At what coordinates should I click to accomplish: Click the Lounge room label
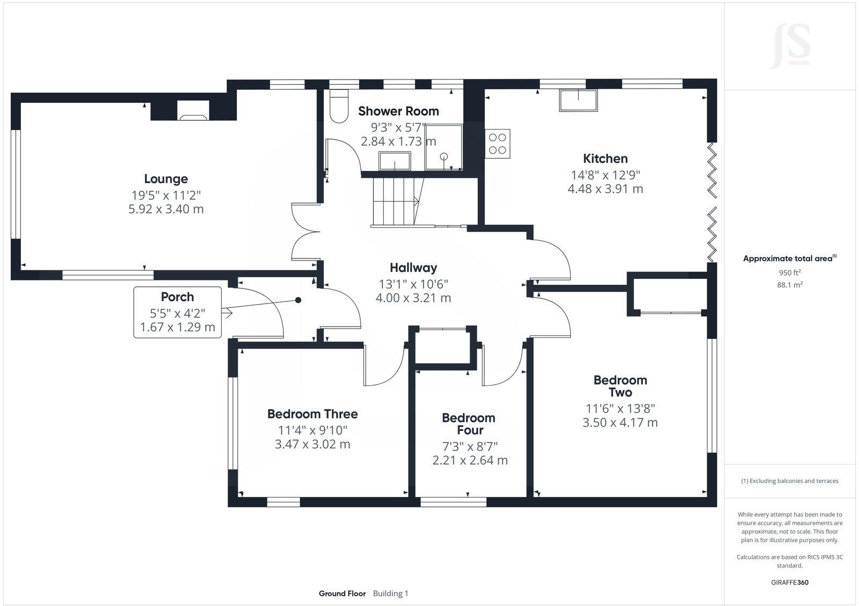(166, 179)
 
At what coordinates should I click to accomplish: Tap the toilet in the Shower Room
(339, 107)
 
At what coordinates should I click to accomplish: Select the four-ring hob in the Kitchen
(498, 143)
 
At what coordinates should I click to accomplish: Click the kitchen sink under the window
(578, 100)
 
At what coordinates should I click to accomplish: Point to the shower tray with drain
(444, 147)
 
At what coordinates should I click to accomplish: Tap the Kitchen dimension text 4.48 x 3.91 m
(605, 189)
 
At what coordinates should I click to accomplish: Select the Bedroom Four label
(468, 424)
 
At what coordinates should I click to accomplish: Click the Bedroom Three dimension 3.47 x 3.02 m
(312, 444)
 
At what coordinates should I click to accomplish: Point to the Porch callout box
(178, 312)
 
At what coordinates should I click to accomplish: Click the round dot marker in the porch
(299, 300)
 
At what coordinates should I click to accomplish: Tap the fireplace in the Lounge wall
(193, 111)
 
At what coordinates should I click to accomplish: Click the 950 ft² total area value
(790, 272)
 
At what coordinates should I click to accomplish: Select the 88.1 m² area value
(790, 285)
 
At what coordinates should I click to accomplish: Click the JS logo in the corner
(790, 47)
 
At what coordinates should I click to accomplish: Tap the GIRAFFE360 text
(790, 582)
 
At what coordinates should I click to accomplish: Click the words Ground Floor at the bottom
(342, 594)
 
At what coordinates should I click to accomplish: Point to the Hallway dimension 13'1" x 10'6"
(413, 284)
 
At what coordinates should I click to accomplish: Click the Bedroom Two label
(620, 386)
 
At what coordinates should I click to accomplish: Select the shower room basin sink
(395, 161)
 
